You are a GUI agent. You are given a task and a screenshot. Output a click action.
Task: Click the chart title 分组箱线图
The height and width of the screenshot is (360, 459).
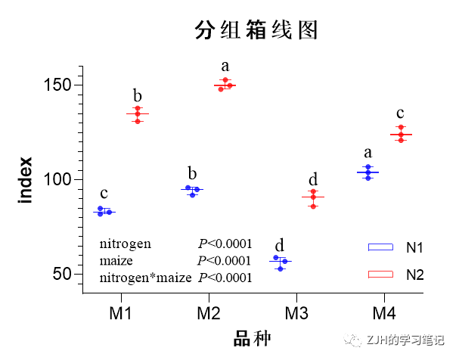255,30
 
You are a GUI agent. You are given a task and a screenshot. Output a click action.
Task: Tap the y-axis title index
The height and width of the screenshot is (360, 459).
25,179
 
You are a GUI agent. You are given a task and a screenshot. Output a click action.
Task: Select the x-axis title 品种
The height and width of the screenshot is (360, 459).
252,338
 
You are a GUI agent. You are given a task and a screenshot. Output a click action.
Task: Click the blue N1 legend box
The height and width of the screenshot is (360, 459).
380,247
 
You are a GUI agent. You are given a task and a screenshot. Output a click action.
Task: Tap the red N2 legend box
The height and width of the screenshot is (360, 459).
380,273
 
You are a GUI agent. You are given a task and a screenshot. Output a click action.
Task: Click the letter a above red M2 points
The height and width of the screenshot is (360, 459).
225,66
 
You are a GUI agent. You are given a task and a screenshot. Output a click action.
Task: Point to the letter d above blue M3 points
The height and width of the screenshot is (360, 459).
279,245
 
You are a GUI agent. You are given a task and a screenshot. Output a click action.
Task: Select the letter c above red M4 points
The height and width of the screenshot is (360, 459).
400,113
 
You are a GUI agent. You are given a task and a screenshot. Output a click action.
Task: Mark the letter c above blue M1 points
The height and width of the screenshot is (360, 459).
104,194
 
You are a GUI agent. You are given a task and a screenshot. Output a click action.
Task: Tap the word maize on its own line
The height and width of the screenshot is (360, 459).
116,261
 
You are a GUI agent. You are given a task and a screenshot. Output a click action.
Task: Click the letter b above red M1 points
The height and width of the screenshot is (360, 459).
138,96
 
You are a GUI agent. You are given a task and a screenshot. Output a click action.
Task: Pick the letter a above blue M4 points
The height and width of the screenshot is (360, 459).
368,153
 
